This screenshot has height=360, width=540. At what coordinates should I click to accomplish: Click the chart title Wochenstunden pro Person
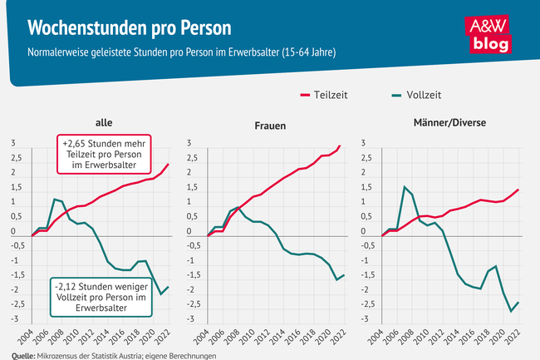point(130,27)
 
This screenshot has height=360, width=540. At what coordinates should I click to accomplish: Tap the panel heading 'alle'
point(104,123)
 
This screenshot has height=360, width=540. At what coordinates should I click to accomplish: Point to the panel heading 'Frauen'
point(270,126)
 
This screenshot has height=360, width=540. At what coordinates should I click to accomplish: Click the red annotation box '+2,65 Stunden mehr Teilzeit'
point(103,155)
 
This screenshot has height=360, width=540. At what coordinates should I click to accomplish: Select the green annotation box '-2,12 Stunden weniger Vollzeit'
point(102,296)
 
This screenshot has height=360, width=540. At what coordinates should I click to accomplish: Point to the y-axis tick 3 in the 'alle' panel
point(13,143)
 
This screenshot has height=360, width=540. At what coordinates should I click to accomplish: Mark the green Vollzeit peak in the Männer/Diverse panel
point(404,186)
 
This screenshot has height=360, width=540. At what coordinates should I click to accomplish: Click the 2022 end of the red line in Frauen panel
point(341,146)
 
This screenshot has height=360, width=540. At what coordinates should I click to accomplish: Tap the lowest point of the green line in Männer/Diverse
point(511,312)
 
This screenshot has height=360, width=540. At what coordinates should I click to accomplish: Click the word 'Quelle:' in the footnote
point(17,355)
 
